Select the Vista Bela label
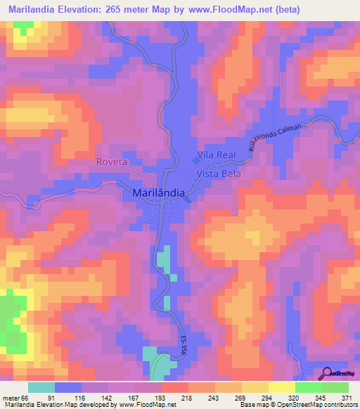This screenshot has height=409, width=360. (x=219, y=174)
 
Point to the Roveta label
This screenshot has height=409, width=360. (x=111, y=162)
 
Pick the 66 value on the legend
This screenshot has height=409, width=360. (x=26, y=397)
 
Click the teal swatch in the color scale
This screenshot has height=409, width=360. (x=41, y=387)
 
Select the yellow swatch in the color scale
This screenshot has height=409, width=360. (x=281, y=387)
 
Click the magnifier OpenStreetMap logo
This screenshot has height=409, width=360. (x=327, y=373)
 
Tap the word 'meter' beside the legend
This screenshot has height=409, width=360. (x=11, y=397)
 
